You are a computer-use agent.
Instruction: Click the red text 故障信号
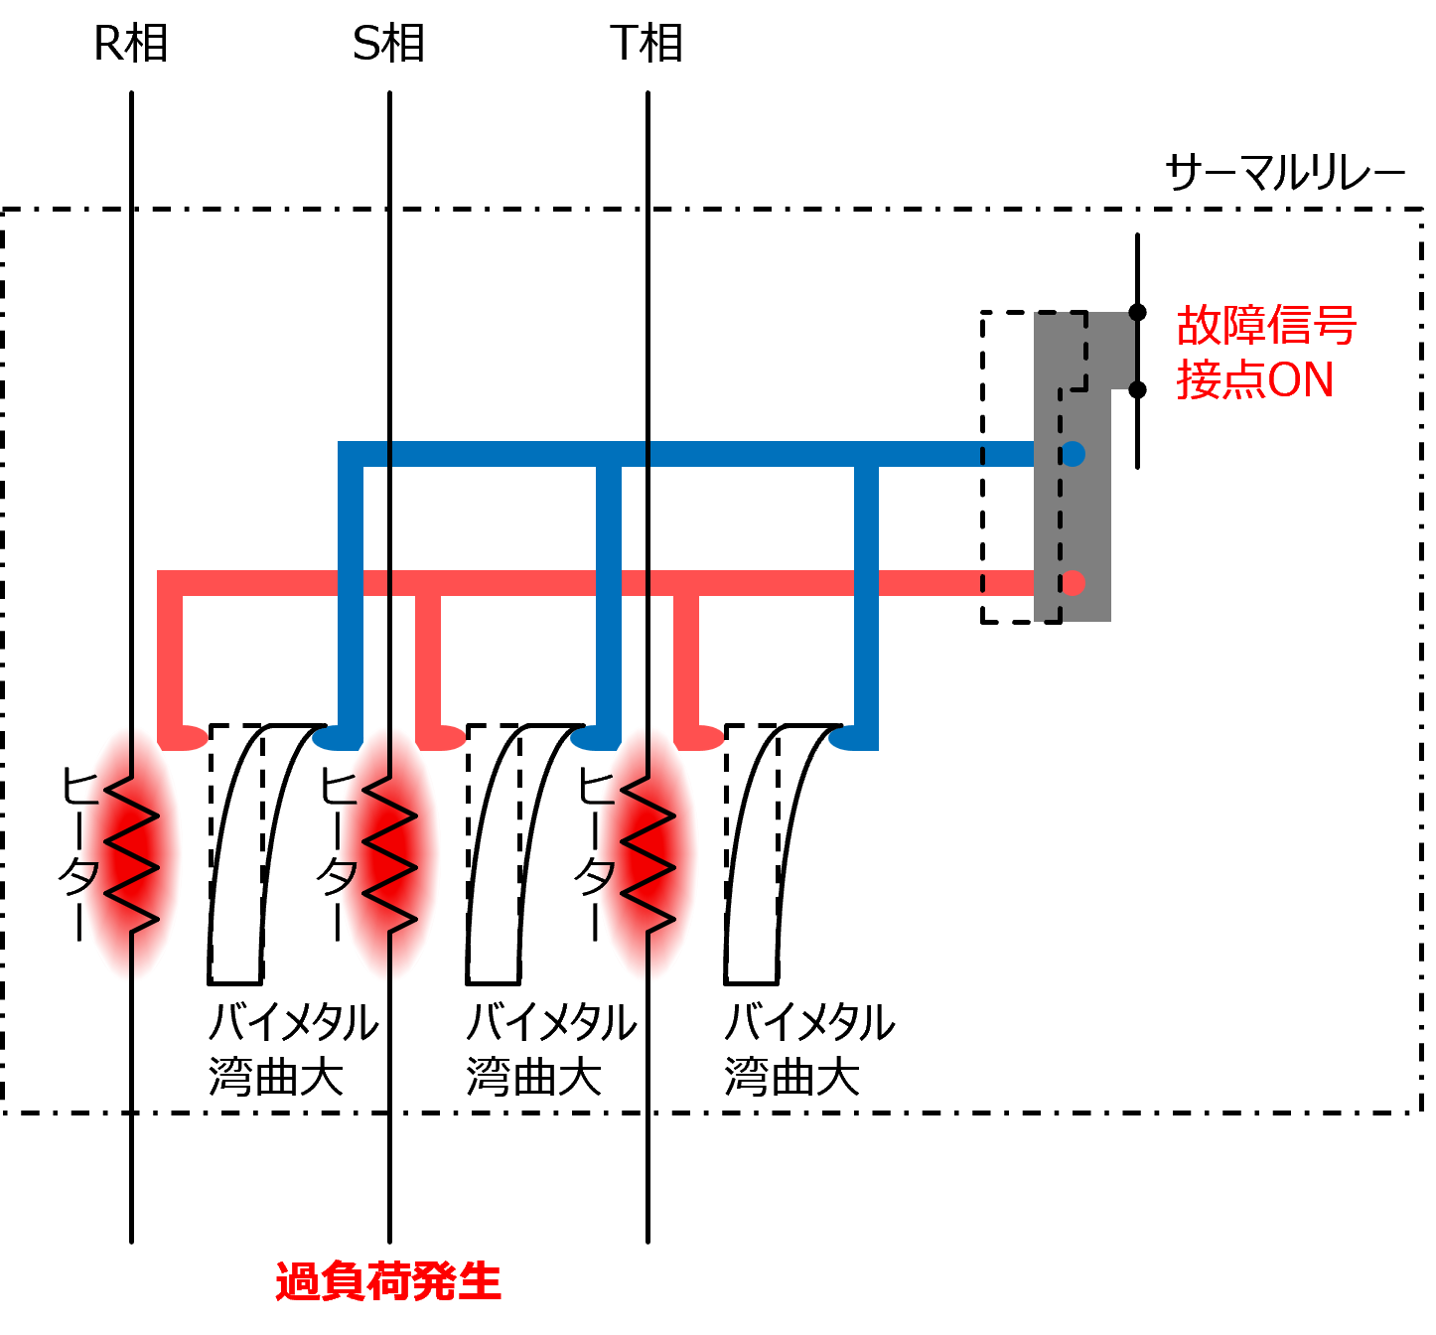1266,326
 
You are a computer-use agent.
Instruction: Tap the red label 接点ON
1254,380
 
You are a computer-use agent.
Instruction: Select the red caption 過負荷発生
388,1281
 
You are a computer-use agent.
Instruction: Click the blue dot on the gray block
1073,454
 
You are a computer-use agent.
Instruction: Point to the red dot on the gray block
1073,583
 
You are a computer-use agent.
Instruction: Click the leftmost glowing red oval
132,854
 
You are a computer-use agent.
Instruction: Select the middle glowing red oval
390,854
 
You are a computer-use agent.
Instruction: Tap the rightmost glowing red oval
648,854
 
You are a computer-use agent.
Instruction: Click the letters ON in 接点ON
1301,380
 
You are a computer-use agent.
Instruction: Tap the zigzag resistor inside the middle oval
390,854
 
